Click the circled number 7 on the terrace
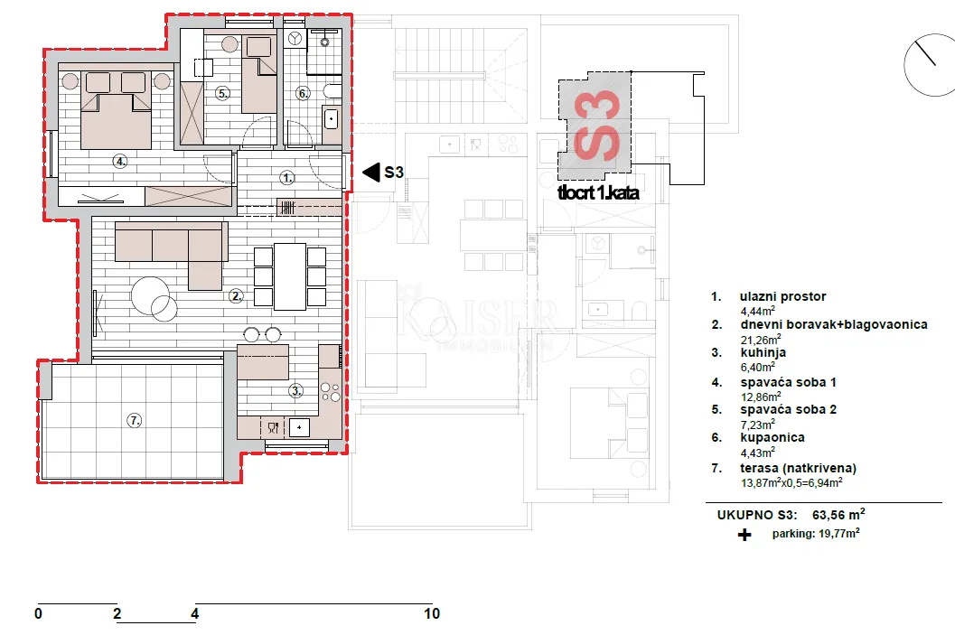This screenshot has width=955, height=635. coord(134,420)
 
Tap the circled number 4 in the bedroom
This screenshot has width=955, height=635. coord(120,162)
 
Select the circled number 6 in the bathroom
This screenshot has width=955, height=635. coord(303,93)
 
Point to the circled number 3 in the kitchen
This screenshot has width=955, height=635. coord(295,390)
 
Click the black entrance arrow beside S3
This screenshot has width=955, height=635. coord(371,173)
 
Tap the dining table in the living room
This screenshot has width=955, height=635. coord(290,276)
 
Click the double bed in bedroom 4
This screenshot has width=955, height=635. coord(116,111)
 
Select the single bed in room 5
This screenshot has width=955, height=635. coord(258,74)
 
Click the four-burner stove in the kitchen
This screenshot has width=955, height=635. coord(330,392)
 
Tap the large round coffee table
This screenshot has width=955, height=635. coord(150,296)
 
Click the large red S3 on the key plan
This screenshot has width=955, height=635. coord(597,126)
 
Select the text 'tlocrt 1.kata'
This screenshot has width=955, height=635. coord(598,193)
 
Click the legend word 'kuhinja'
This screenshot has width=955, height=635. coord(763,353)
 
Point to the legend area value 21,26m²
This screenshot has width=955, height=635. coord(761,339)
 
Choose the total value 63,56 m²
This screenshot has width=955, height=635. coord(838,515)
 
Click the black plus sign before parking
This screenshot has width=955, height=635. coord(744,535)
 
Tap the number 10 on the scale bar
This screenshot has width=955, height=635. coord(432,613)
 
